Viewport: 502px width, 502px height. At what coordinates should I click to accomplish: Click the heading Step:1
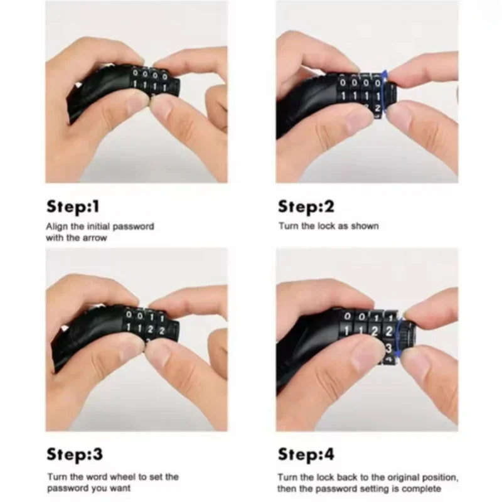point(73,206)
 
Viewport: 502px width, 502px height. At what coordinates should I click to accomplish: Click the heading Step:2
point(306,206)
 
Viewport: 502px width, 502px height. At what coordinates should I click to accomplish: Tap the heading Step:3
point(75,454)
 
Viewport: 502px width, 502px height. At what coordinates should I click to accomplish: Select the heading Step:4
point(306,454)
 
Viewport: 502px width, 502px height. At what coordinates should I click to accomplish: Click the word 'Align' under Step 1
point(56,227)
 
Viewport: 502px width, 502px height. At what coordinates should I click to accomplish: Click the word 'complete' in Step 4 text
point(421,489)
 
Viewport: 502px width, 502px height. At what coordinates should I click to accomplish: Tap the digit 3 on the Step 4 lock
point(388,348)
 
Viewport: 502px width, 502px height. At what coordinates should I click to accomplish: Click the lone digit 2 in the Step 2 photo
point(378,108)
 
